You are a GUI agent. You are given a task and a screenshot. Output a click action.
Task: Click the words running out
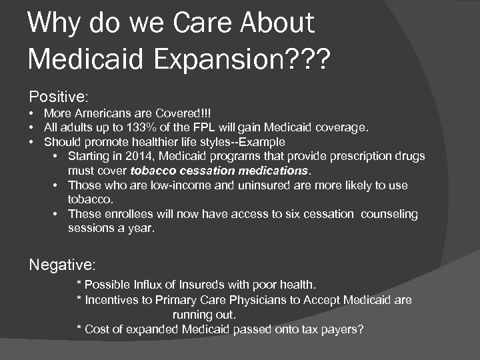pos(204,314)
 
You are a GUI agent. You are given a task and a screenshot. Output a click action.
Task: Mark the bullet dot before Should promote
pos(31,141)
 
